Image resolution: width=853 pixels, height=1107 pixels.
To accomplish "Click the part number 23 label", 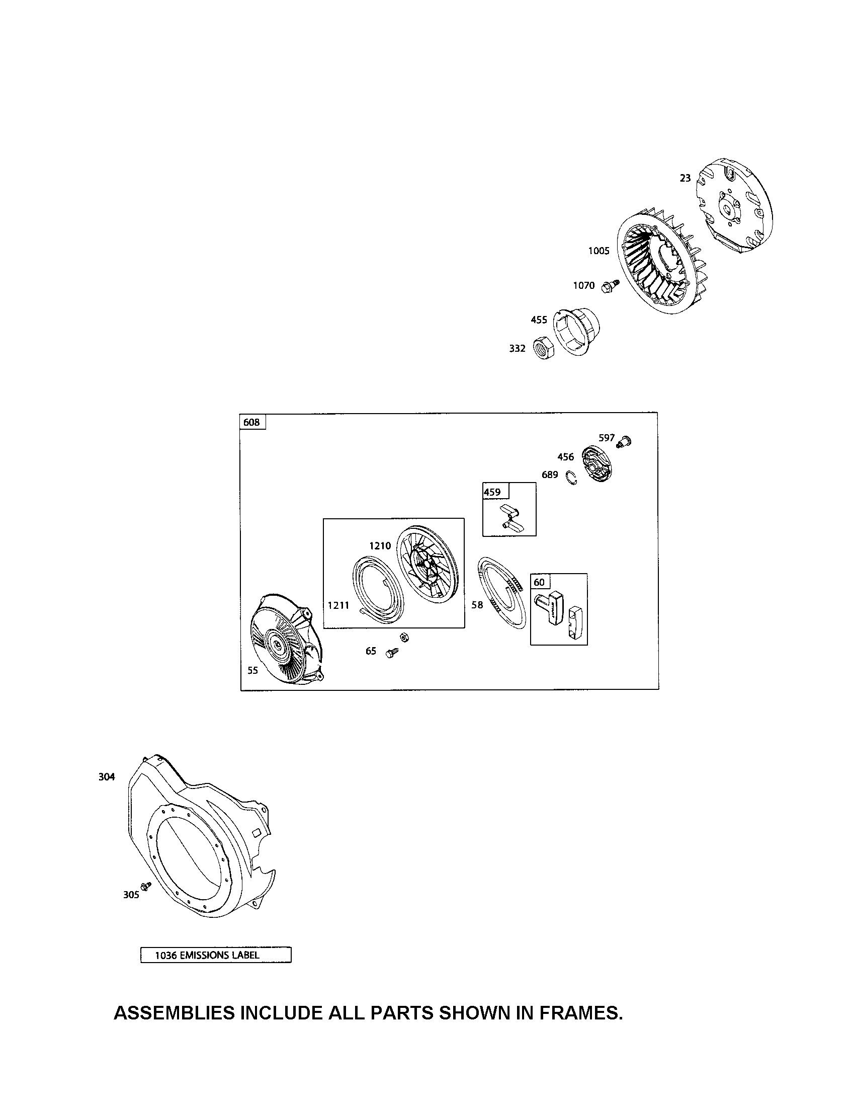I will click(x=685, y=178).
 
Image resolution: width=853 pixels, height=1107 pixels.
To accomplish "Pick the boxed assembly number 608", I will click(x=252, y=422).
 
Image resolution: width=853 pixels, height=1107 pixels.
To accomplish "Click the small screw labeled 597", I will click(x=624, y=440).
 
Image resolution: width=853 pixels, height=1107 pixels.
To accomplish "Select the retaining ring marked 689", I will click(x=572, y=478).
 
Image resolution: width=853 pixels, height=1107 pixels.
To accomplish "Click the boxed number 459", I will click(x=492, y=492).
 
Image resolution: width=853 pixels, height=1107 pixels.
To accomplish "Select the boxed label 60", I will click(x=539, y=582).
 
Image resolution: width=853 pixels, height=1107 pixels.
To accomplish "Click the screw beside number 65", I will click(x=392, y=653).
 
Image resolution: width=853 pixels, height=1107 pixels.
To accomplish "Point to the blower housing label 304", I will click(x=107, y=776).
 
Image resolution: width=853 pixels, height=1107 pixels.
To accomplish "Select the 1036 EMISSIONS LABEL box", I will click(x=215, y=955).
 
